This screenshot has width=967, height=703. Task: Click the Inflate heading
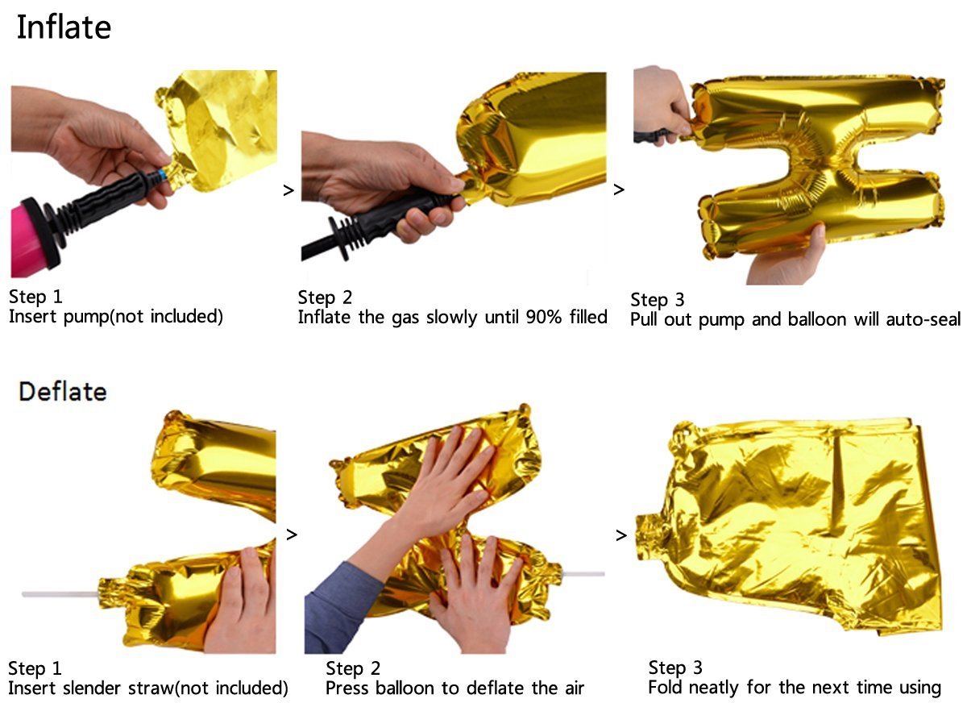point(64,27)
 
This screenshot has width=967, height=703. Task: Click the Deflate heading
point(63,392)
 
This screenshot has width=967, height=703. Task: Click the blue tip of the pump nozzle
point(162,175)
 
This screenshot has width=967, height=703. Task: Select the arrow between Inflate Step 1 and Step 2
point(288,190)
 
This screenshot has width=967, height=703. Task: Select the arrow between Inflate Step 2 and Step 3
point(619,189)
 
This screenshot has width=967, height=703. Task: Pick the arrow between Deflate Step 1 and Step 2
point(292,535)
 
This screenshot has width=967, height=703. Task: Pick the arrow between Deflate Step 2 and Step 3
point(620,535)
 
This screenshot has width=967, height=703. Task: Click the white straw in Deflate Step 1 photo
point(60,595)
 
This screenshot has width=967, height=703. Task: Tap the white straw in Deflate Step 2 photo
point(583,574)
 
